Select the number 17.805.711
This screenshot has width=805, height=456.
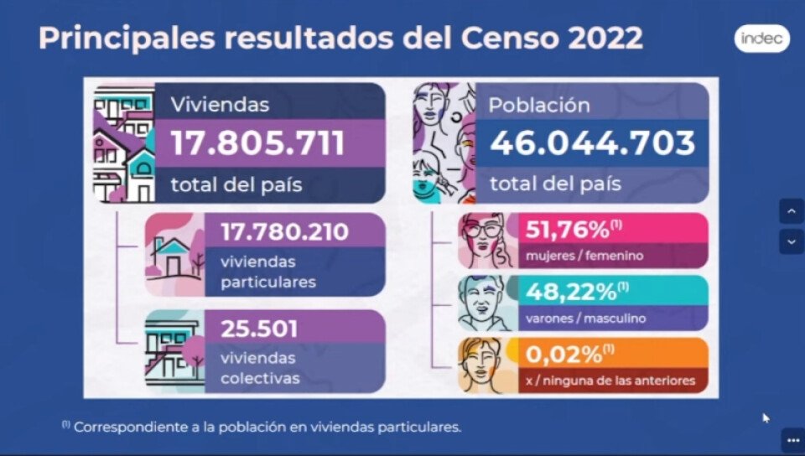(x=258, y=142)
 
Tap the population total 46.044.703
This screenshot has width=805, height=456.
(x=593, y=142)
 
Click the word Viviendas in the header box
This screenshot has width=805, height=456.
(x=220, y=105)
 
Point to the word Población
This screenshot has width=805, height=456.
(x=540, y=105)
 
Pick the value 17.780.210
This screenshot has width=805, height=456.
(x=284, y=232)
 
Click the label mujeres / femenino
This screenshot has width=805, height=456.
(x=584, y=255)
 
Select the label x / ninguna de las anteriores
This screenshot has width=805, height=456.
(x=610, y=381)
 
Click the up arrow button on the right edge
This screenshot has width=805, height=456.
(x=791, y=211)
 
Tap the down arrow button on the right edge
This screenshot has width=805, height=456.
(x=791, y=241)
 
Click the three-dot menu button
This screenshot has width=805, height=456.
(x=792, y=439)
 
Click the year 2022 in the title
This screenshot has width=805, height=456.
(x=594, y=39)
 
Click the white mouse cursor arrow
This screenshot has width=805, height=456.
(x=766, y=417)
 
